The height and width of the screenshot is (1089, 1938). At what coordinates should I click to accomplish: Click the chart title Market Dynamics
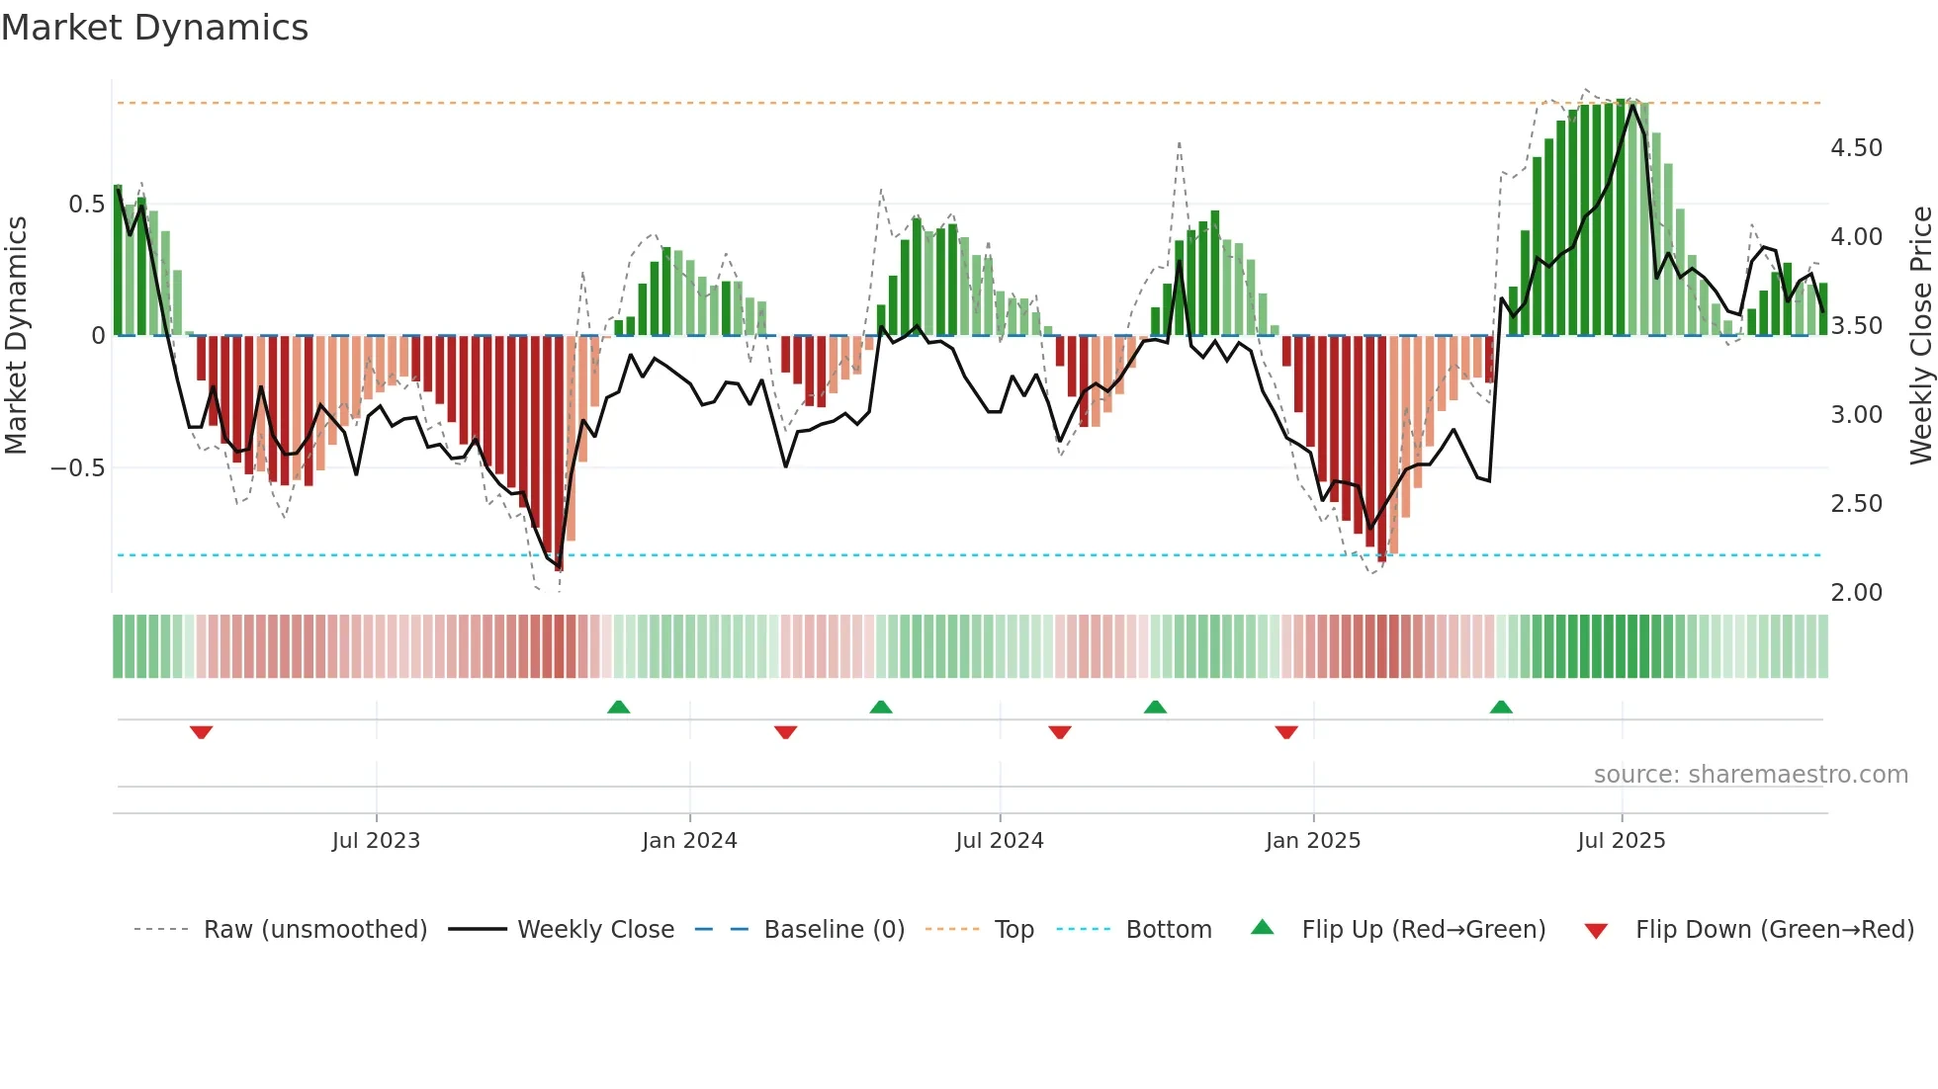pyautogui.click(x=154, y=28)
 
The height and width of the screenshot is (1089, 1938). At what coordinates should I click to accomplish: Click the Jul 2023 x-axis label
pyautogui.click(x=376, y=841)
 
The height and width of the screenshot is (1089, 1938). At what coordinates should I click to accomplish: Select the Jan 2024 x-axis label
pyautogui.click(x=689, y=841)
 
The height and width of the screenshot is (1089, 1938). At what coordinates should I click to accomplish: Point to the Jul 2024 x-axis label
pyautogui.click(x=999, y=841)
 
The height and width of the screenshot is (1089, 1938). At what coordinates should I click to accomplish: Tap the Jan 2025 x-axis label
pyautogui.click(x=1312, y=841)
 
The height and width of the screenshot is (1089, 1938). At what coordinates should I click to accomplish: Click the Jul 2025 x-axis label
pyautogui.click(x=1621, y=841)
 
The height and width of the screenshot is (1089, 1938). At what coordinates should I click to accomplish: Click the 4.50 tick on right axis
pyautogui.click(x=1856, y=148)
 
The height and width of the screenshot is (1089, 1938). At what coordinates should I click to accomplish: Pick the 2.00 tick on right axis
pyautogui.click(x=1856, y=593)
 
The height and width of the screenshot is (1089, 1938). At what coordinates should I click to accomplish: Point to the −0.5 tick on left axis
pyautogui.click(x=77, y=468)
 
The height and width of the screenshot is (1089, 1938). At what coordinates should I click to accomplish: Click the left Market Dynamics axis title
pyautogui.click(x=16, y=336)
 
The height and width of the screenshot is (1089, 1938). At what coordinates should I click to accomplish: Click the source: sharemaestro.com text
pyautogui.click(x=1750, y=775)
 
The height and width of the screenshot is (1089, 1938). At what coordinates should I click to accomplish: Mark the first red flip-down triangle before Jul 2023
pyautogui.click(x=201, y=732)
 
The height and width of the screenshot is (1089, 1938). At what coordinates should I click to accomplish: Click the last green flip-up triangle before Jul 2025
pyautogui.click(x=1500, y=707)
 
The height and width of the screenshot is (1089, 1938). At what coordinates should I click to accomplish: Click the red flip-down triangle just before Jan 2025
pyautogui.click(x=1285, y=732)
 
